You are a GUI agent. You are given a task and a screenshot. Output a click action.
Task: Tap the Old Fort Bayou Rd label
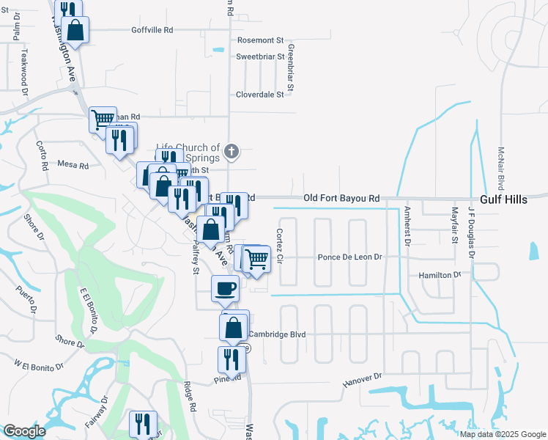(x=342, y=198)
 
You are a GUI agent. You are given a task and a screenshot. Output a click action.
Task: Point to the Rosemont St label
(x=259, y=40)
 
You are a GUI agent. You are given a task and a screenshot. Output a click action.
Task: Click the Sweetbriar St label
(x=259, y=56)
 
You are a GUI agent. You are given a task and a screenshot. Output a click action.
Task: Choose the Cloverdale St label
(x=259, y=95)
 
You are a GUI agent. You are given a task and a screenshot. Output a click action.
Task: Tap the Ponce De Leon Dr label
(x=350, y=257)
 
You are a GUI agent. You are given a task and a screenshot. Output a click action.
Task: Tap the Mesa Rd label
(x=73, y=166)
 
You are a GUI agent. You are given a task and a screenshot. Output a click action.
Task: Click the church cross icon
(x=232, y=152)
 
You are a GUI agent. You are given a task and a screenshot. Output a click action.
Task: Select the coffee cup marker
(x=225, y=287)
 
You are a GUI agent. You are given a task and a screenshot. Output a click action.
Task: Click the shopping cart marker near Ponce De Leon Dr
(x=256, y=258)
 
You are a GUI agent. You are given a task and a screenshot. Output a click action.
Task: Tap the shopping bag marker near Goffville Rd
(x=75, y=29)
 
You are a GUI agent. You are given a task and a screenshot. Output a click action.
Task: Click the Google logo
(x=24, y=431)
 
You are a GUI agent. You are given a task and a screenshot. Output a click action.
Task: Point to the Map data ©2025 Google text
(x=503, y=434)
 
